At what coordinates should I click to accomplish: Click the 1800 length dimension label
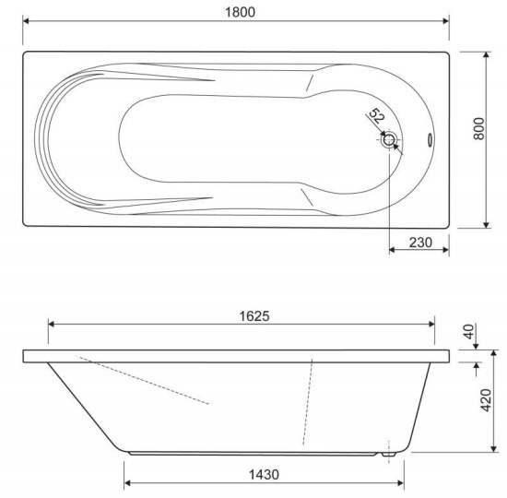pos(240,12)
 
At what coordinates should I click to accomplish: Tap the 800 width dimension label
pos(479,129)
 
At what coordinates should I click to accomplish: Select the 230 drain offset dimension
pos(420,243)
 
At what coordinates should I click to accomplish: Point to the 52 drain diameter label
pos(376,116)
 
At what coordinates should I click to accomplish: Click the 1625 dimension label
pos(254,316)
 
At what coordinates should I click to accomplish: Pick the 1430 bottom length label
pos(264,475)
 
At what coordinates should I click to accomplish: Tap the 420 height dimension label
pos(486,400)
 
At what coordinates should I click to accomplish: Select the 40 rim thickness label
pos(469,331)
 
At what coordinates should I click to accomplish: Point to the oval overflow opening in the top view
pos(430,140)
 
